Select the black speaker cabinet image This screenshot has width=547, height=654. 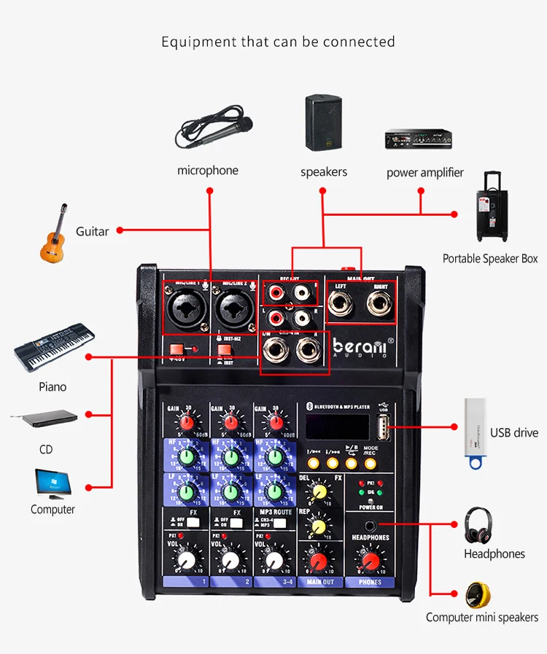coord(324,123)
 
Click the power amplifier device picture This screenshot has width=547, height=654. coord(414,139)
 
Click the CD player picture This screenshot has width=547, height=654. coord(44,419)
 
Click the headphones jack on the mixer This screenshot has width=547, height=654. coord(370,525)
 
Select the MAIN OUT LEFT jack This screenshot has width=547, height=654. coord(341,306)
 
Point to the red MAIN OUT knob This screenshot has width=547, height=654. coord(319,561)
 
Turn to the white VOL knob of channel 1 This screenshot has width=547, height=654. coord(187,560)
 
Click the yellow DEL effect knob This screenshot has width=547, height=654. coord(318,493)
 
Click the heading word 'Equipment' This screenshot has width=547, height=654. coord(198,42)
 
